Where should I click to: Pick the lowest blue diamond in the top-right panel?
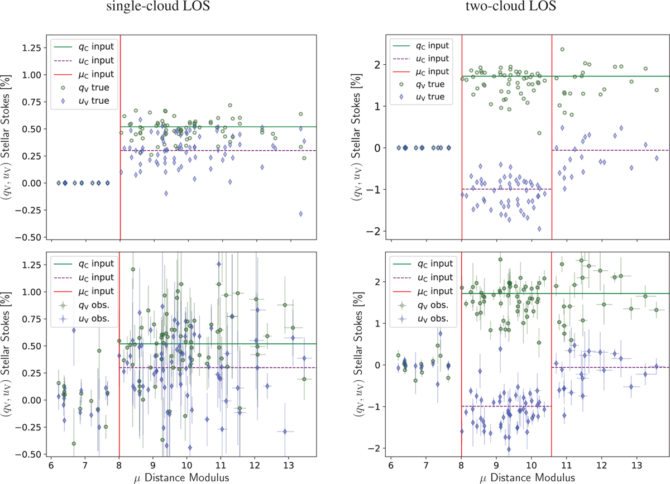539,229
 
